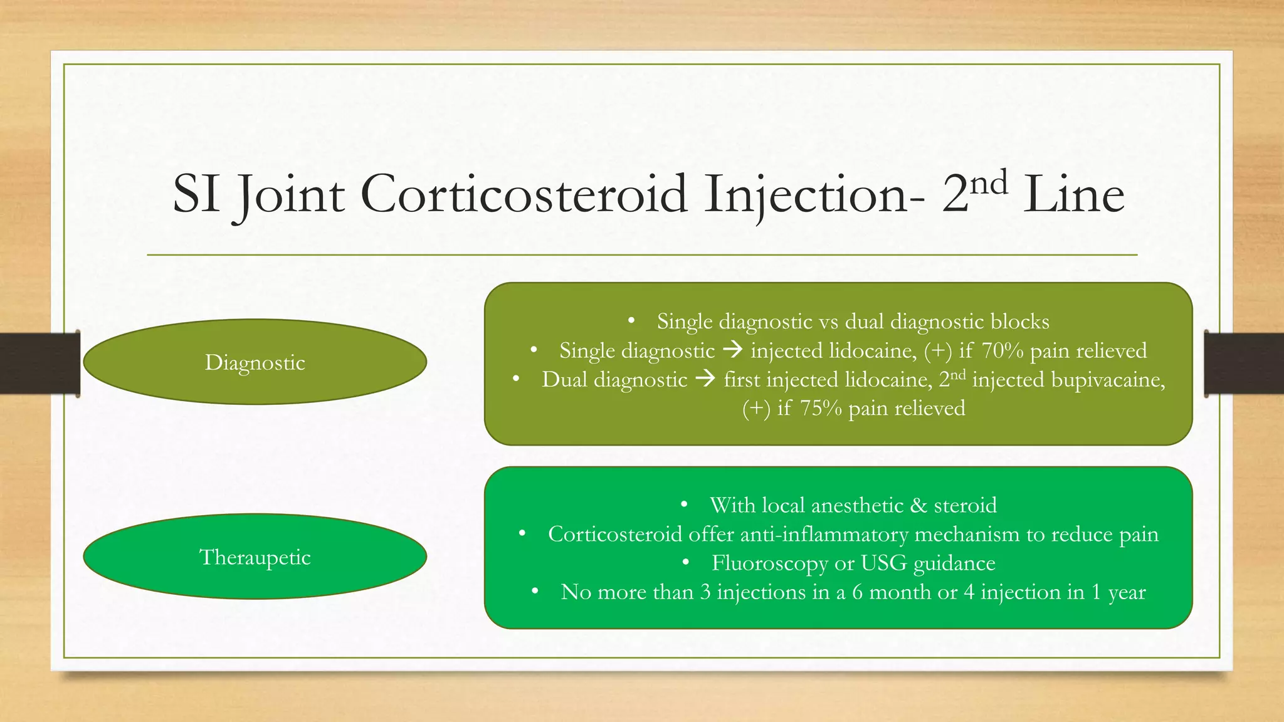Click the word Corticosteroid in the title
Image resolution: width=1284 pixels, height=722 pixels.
(x=524, y=194)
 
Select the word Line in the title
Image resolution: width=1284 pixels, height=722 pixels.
(x=1073, y=194)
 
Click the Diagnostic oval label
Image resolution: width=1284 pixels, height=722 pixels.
(x=255, y=362)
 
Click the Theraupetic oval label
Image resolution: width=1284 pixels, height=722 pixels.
(x=255, y=557)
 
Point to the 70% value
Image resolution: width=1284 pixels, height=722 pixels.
(x=1002, y=350)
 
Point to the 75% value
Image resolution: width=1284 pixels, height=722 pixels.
(x=821, y=409)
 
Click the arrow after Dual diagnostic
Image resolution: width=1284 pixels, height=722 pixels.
(x=705, y=379)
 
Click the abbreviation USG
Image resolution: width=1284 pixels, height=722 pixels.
(x=883, y=563)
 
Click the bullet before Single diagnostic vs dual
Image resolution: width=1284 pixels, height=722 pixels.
(x=632, y=321)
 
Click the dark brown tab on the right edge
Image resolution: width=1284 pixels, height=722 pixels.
(x=1244, y=364)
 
